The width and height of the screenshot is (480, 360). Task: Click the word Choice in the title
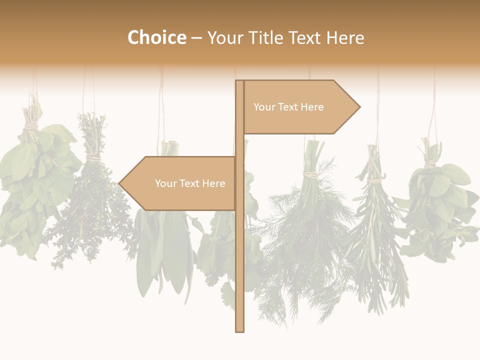pyautogui.click(x=156, y=37)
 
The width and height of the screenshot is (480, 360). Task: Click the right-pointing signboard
pyautogui.click(x=300, y=107)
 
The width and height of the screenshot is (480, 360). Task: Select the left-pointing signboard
pyautogui.click(x=180, y=183)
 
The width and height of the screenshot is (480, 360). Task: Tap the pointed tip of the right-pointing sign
pyautogui.click(x=358, y=106)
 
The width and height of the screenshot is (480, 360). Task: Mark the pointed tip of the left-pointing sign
pyautogui.click(x=120, y=183)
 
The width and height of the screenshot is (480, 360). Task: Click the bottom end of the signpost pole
pyautogui.click(x=239, y=330)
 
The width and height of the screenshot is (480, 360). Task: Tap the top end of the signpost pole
pyautogui.click(x=239, y=82)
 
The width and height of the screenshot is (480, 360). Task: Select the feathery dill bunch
pyautogui.click(x=305, y=235)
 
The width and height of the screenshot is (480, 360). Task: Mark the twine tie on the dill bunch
pyautogui.click(x=311, y=174)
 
